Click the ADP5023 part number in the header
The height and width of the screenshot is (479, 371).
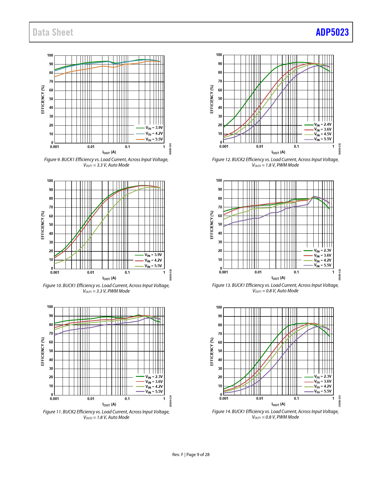click(332, 32)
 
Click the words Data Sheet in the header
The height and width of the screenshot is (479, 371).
click(53, 32)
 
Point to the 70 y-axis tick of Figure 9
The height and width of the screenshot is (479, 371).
click(51, 82)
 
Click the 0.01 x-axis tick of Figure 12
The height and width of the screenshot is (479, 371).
click(260, 147)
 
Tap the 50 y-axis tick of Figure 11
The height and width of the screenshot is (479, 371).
click(51, 351)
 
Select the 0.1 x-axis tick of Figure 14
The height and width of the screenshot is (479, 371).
click(296, 398)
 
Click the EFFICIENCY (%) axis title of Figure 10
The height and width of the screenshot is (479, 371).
click(43, 225)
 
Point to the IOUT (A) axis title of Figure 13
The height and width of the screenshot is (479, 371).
click(278, 278)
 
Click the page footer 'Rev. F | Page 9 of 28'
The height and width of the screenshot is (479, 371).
click(191, 455)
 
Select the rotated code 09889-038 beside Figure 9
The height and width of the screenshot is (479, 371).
click(171, 149)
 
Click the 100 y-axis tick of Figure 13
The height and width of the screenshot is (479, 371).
click(219, 181)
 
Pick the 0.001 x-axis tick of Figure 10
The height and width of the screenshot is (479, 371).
click(55, 272)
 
